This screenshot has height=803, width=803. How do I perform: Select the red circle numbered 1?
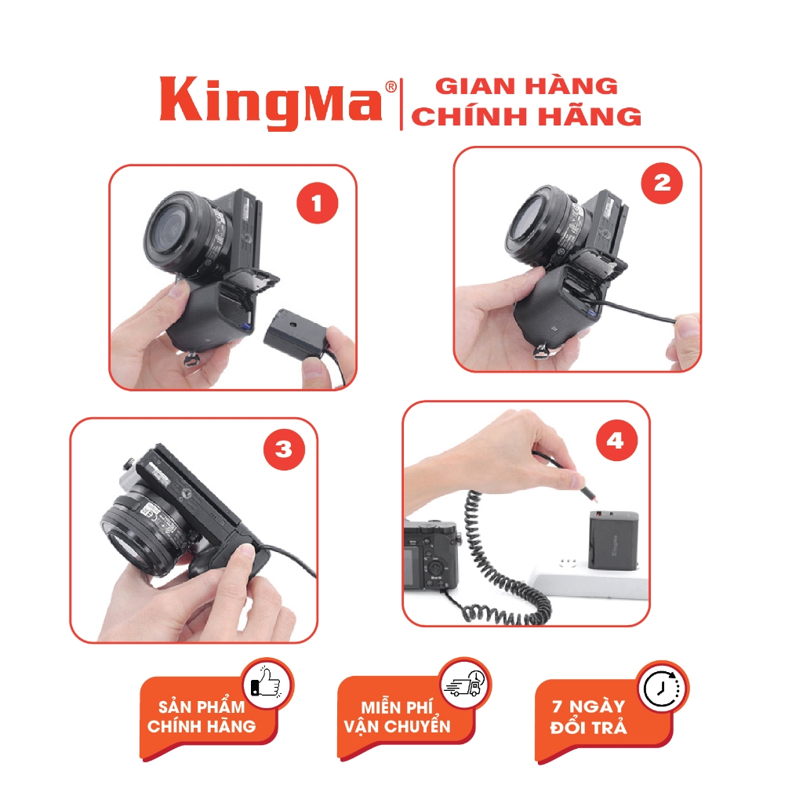pyautogui.click(x=317, y=204)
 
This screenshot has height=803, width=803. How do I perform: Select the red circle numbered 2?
pyautogui.click(x=662, y=184)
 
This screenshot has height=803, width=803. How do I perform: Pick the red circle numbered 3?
pyautogui.click(x=283, y=449)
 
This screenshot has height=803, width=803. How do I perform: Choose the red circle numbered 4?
pyautogui.click(x=616, y=441)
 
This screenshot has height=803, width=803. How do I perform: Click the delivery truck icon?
pyautogui.click(x=463, y=685)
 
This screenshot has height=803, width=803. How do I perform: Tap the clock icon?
pyautogui.click(x=662, y=688)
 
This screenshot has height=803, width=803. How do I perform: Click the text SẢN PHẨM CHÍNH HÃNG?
pyautogui.click(x=202, y=717)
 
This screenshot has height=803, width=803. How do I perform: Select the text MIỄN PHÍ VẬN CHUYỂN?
pyautogui.click(x=398, y=717)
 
